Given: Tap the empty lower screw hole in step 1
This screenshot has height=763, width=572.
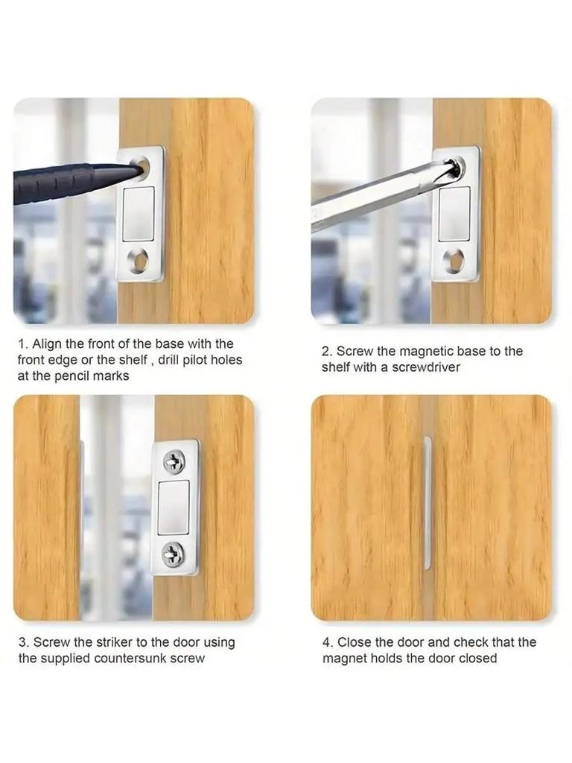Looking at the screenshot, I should coord(138,260).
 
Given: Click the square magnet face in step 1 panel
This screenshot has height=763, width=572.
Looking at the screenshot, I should coord(138,213).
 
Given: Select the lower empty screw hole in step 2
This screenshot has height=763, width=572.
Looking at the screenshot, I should coord(454,260).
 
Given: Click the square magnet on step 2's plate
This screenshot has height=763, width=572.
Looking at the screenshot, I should coord(454,214).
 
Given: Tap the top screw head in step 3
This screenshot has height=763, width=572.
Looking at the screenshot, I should coord(174,461).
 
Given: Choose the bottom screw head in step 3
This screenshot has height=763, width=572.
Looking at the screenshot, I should coord(174,554).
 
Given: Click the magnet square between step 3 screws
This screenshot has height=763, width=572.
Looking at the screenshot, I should coord(174,507).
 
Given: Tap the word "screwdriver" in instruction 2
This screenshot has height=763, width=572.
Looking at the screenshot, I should coord(427,367).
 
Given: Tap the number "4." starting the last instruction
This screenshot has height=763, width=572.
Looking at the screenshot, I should coord(328,642).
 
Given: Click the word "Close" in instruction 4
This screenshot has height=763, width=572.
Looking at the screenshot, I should coord(354,642).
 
